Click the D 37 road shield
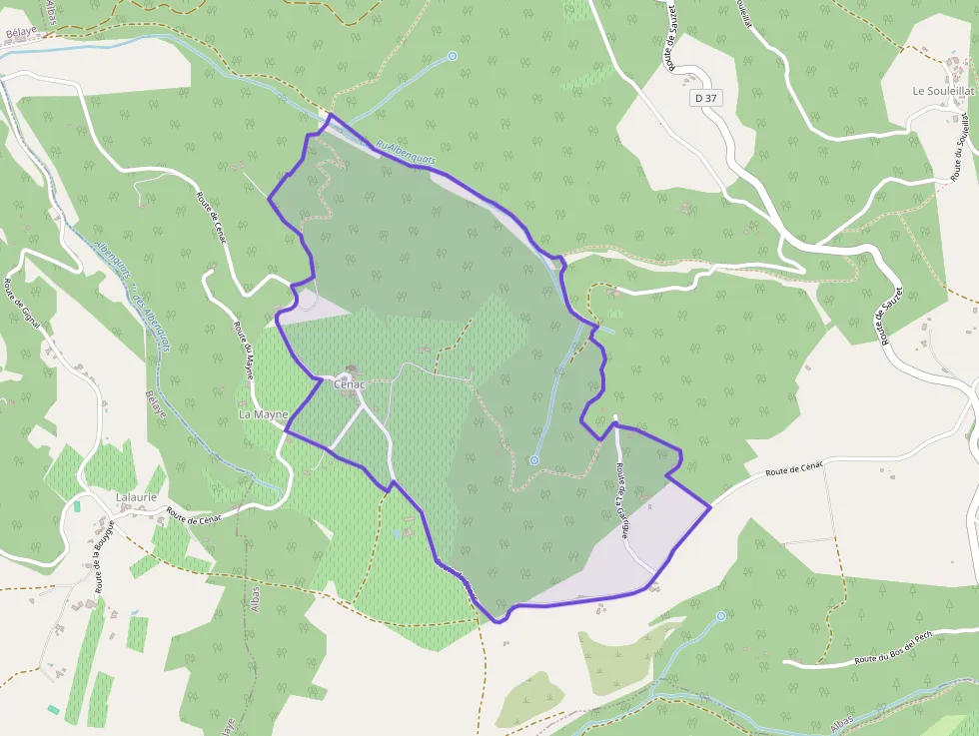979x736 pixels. tap(705, 98)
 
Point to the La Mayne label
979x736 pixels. tap(263, 413)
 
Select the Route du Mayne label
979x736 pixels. tap(245, 353)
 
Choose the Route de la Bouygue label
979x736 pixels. tap(104, 555)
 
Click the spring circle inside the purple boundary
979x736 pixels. tap(534, 460)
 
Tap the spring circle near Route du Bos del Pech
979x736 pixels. tap(721, 616)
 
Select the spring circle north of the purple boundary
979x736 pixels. tap(452, 56)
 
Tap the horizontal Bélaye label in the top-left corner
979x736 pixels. tap(20, 31)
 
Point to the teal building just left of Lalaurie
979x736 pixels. tap(77, 506)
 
